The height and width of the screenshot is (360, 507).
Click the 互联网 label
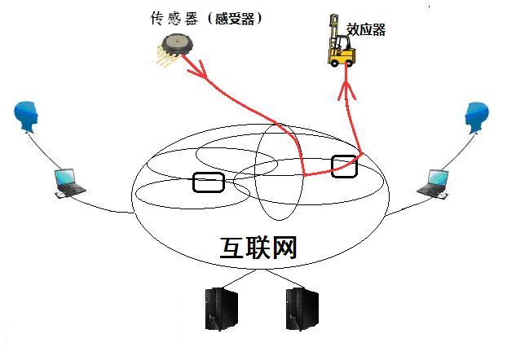(258, 248)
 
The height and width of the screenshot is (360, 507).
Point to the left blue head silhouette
(29, 118)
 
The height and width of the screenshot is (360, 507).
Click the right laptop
(434, 182)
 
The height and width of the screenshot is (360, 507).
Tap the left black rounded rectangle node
(209, 182)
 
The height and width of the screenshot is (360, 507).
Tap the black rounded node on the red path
(345, 165)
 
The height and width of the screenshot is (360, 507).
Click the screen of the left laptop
(64, 177)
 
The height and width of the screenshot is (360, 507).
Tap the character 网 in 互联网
(282, 248)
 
